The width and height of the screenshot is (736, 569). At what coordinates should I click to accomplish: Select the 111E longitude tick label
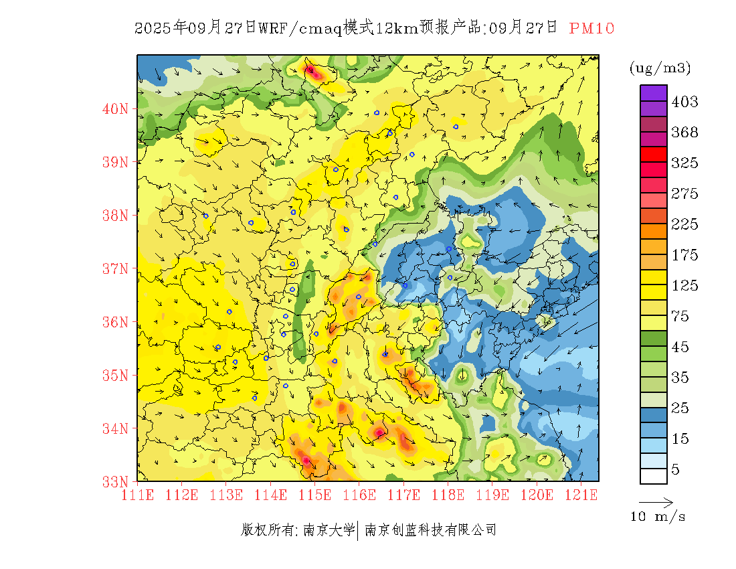pyautogui.click(x=138, y=495)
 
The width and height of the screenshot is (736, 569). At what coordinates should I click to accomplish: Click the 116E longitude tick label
pyautogui.click(x=359, y=495)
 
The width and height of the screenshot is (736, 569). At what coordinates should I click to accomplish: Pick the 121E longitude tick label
pyautogui.click(x=580, y=495)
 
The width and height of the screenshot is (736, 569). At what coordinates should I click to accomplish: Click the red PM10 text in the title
pyautogui.click(x=591, y=28)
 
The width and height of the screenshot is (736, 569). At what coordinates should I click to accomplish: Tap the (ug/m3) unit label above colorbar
pyautogui.click(x=660, y=68)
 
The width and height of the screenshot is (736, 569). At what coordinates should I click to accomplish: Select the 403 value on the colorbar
pyautogui.click(x=684, y=102)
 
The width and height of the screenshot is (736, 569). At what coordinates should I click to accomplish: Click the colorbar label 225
pyautogui.click(x=684, y=224)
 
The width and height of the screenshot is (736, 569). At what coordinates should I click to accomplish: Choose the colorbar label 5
pyautogui.click(x=676, y=469)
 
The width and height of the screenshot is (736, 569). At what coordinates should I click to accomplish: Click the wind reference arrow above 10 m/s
pyautogui.click(x=656, y=501)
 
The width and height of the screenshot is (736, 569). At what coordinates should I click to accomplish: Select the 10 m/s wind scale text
pyautogui.click(x=658, y=517)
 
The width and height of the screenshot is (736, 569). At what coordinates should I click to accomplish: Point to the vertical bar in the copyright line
pyautogui.click(x=359, y=530)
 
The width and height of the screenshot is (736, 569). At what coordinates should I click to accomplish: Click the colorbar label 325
pyautogui.click(x=684, y=163)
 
